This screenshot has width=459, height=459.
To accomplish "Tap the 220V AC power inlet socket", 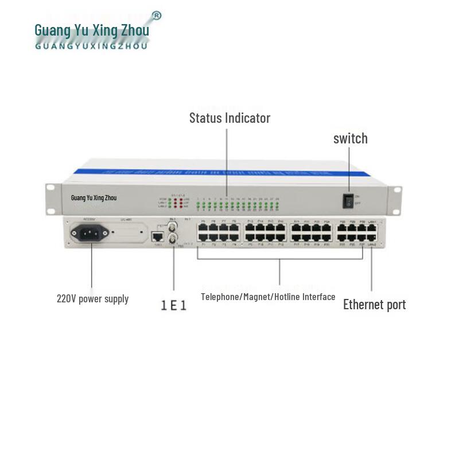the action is pyautogui.click(x=90, y=232).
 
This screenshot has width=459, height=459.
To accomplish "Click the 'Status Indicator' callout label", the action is pyautogui.click(x=229, y=118).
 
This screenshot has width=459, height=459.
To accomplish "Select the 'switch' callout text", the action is pyautogui.click(x=350, y=138).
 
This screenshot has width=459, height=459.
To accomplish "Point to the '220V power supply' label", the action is pyautogui.click(x=92, y=298).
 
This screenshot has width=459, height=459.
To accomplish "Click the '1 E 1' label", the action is pyautogui.click(x=173, y=305).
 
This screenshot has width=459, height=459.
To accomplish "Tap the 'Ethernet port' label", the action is pyautogui.click(x=374, y=304).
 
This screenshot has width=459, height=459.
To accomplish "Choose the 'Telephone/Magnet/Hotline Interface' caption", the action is pyautogui.click(x=268, y=297).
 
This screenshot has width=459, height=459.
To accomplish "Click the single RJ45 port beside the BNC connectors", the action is pyautogui.click(x=157, y=236).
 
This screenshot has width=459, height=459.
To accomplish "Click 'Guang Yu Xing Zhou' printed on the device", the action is pyautogui.click(x=94, y=198).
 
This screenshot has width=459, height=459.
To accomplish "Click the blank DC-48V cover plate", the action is pyautogui.click(x=127, y=232).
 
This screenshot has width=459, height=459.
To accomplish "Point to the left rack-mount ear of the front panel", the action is pyautogui.click(x=52, y=198).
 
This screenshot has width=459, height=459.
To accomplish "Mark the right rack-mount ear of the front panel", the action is pyautogui.click(x=395, y=198).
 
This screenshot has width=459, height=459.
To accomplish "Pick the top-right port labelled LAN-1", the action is pyautogui.click(x=372, y=228).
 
